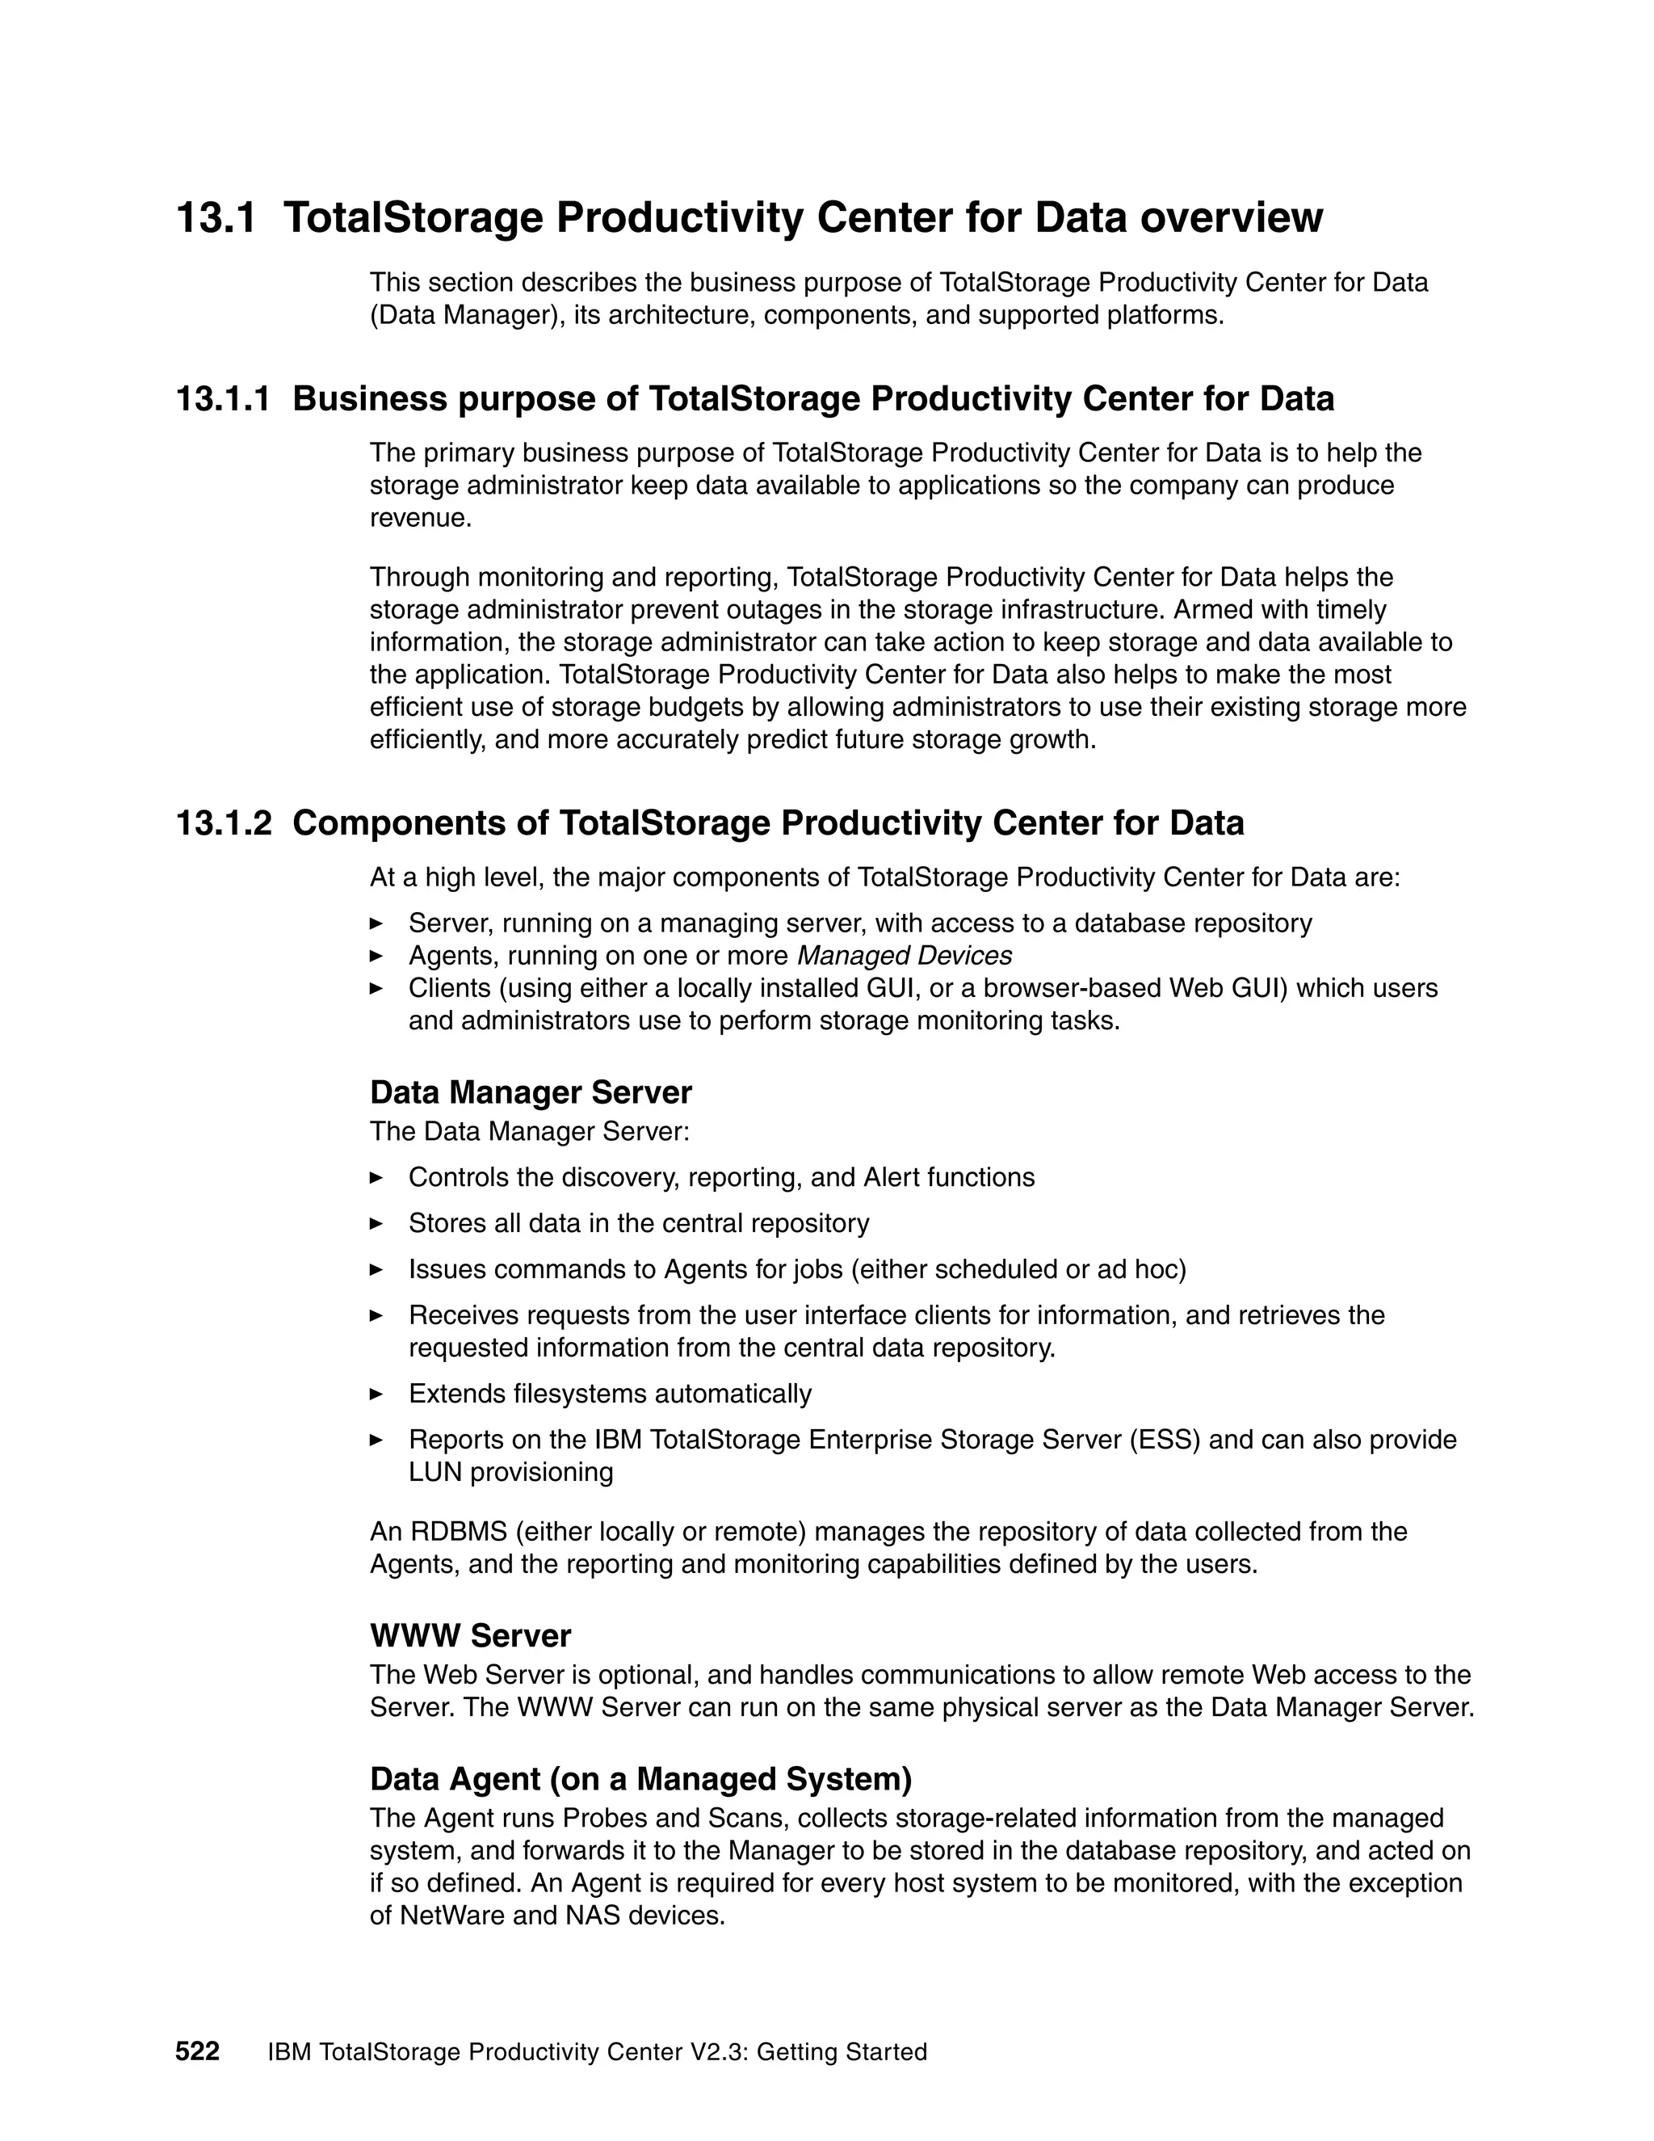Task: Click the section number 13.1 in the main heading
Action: tap(216, 217)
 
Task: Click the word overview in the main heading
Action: tap(1231, 217)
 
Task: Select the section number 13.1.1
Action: tap(222, 399)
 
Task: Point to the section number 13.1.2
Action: tap(222, 822)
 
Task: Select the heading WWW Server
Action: tap(470, 1635)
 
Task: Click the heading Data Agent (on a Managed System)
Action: tap(640, 1778)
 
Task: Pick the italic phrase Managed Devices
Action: tap(905, 955)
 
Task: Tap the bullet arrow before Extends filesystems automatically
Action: tap(376, 1393)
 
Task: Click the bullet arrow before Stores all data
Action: tap(376, 1223)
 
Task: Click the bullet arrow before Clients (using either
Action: tap(376, 988)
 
